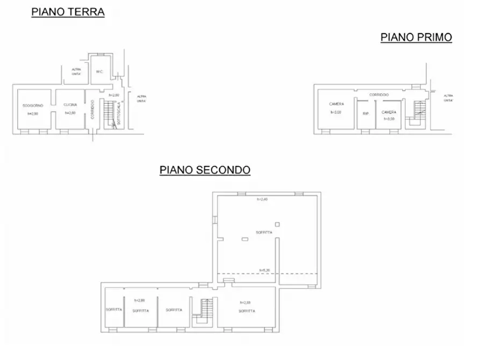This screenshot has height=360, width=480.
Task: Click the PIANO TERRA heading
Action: [x=68, y=12]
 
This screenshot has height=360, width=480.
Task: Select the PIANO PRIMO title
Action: [x=416, y=37]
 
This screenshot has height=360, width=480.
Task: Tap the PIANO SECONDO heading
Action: [x=205, y=170]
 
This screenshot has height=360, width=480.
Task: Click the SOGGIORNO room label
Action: [x=33, y=105]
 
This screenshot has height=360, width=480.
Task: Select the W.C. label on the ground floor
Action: [x=99, y=71]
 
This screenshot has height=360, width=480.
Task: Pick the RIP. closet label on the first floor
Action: [x=366, y=113]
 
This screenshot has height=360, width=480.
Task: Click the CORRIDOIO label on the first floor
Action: [x=379, y=95]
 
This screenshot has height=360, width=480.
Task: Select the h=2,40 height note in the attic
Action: [x=262, y=199]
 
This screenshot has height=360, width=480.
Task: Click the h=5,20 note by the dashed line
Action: [x=264, y=270]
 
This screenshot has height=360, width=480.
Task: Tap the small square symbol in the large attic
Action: [x=277, y=224]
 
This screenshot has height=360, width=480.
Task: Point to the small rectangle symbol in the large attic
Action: [x=245, y=239]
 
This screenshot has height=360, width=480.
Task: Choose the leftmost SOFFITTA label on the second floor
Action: [x=113, y=309]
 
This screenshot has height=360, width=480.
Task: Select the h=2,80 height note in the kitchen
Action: [x=70, y=113]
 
